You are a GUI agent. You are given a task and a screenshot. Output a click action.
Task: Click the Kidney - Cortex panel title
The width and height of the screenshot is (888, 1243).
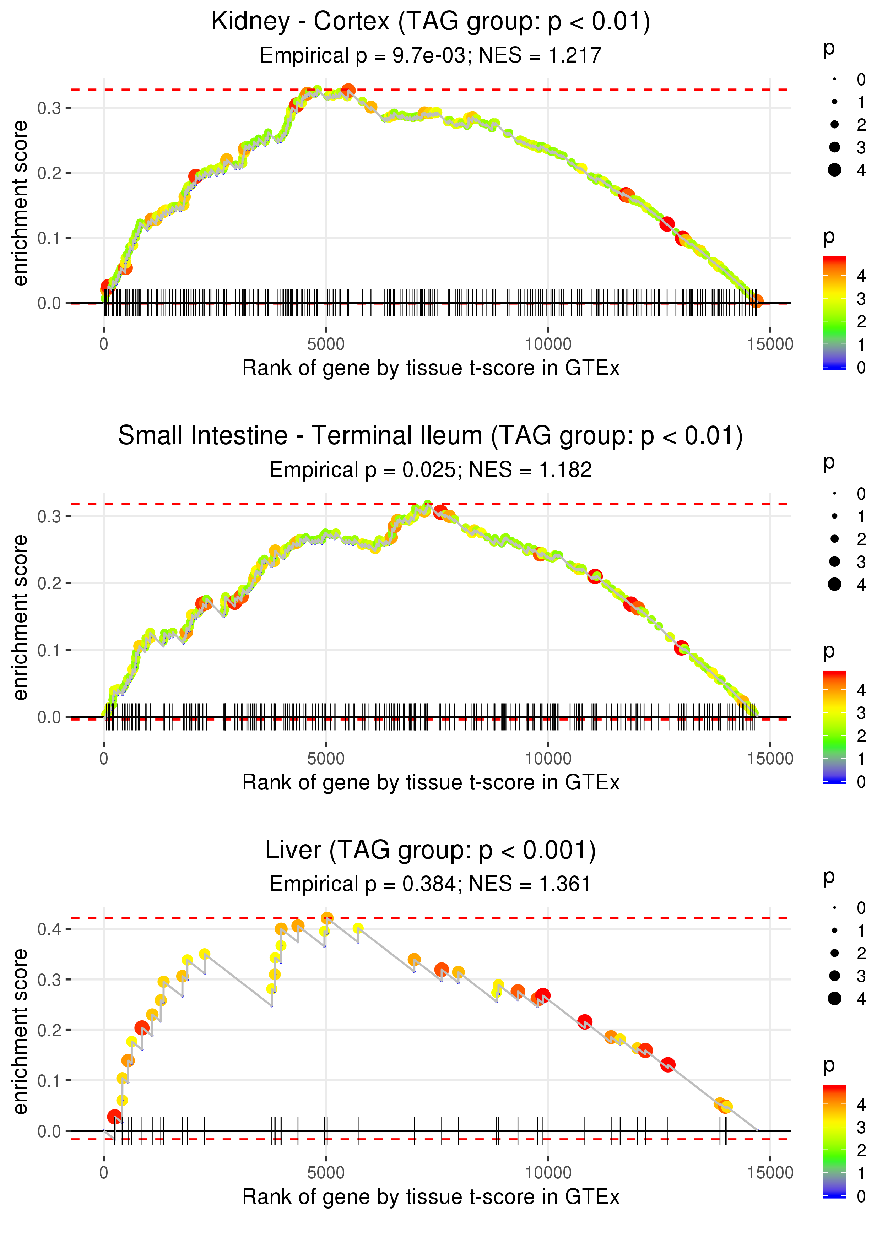tap(431, 22)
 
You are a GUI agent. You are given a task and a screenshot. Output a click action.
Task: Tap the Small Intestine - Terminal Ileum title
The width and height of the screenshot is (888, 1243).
tap(431, 436)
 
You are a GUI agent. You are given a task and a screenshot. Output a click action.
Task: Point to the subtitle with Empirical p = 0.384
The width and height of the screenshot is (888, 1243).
tap(431, 884)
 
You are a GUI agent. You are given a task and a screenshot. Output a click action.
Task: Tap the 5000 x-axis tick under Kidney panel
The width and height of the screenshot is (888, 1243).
tap(325, 344)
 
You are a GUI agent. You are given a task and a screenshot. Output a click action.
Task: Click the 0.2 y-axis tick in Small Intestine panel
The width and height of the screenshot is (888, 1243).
tap(49, 583)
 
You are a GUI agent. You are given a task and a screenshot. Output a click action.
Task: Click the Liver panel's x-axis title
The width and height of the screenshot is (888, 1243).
tap(431, 1197)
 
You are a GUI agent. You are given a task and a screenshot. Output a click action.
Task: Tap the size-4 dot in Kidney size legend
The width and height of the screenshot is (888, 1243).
tap(834, 170)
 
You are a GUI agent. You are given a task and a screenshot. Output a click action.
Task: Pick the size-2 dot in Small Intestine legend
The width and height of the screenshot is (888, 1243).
tap(834, 539)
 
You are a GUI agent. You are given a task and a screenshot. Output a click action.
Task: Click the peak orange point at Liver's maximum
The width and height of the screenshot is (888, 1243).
tap(327, 918)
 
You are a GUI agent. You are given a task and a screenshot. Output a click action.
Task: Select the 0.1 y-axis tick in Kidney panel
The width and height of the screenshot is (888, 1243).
tap(49, 238)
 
